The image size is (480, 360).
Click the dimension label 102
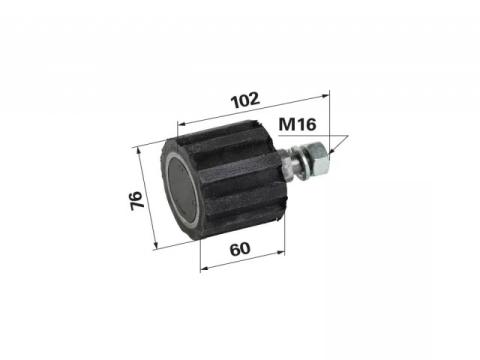tap(246, 100)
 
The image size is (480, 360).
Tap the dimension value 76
tap(137, 200)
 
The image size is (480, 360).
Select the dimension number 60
tap(240, 249)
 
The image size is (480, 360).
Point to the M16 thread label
tap(297, 125)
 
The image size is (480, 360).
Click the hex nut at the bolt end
tap(320, 158)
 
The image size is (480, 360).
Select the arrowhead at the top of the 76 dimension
tap(139, 152)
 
